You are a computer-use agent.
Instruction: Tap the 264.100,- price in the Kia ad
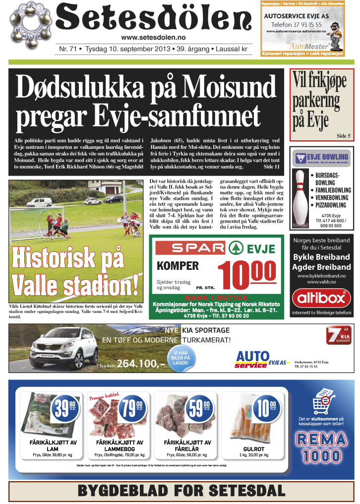(x=141, y=364)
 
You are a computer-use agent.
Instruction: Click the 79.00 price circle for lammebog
(x=132, y=409)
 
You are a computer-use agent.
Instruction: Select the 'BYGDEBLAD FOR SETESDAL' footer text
(x=181, y=491)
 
